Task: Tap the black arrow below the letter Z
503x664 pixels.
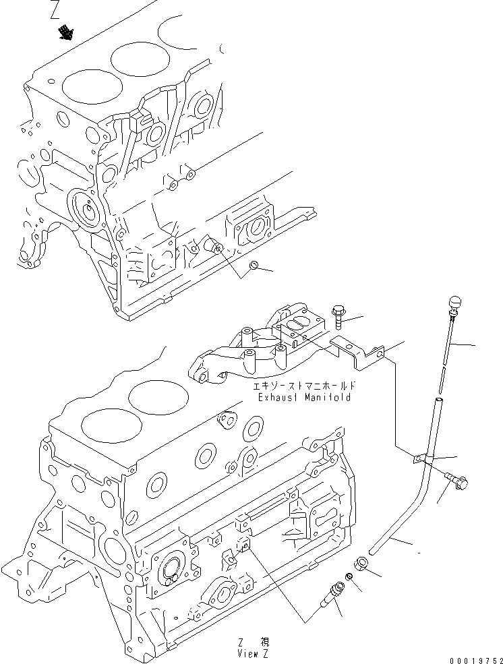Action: [65, 32]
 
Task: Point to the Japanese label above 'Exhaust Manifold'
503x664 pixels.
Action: [303, 387]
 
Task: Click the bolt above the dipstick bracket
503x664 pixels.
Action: [338, 315]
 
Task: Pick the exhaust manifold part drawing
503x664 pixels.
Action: [249, 347]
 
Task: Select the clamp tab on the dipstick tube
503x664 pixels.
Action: [421, 458]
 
